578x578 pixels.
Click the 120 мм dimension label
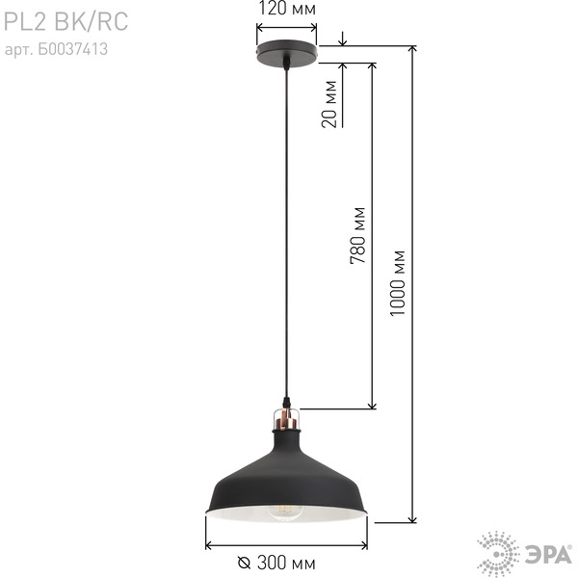tap(287, 9)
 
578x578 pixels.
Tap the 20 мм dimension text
tap(329, 104)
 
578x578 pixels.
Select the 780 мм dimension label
tap(357, 236)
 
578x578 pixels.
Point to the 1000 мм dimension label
tap(397, 283)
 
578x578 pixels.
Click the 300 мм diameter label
tap(286, 563)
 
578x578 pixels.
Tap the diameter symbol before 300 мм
tap(244, 564)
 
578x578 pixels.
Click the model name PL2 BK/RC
tap(66, 21)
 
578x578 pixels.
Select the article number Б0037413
tap(72, 49)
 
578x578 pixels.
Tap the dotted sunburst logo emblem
tap(498, 554)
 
